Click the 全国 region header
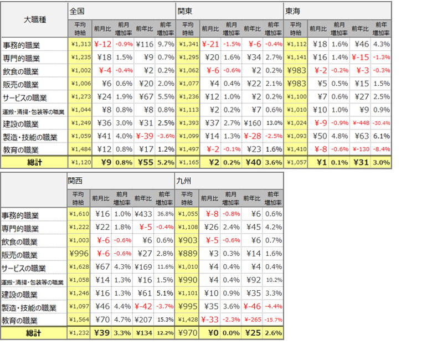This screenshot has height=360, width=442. pos(78,11)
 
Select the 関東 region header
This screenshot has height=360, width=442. pos(185,11)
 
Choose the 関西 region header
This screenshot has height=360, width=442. pos(76,180)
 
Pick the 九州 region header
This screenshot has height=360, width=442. pos(183,180)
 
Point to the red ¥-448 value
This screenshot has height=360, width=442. pos(360,124)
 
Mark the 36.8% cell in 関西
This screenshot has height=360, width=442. pos(165,214)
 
